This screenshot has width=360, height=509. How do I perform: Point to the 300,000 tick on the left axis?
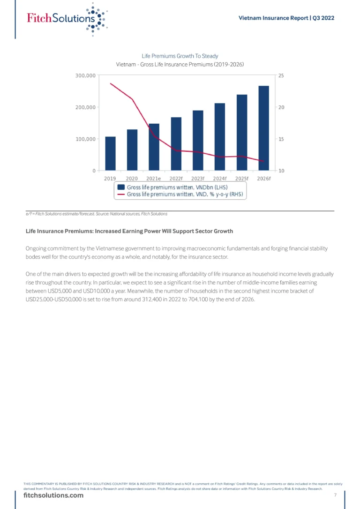tap(85, 75)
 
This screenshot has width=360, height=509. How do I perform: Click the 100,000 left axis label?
tap(85, 139)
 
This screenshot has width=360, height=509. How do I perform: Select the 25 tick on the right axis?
tap(281, 75)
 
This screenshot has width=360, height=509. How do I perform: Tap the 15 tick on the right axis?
tap(281, 139)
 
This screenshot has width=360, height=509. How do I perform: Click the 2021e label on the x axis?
tap(154, 179)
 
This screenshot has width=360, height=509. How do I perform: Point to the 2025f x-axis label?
tap(242, 179)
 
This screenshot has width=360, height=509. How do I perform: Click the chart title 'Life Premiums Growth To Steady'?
tap(180, 56)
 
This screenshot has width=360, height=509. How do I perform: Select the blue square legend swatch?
tap(121, 187)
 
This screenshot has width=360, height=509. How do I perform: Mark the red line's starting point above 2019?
tap(110, 83)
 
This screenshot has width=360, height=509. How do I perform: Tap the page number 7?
tap(335, 495)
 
